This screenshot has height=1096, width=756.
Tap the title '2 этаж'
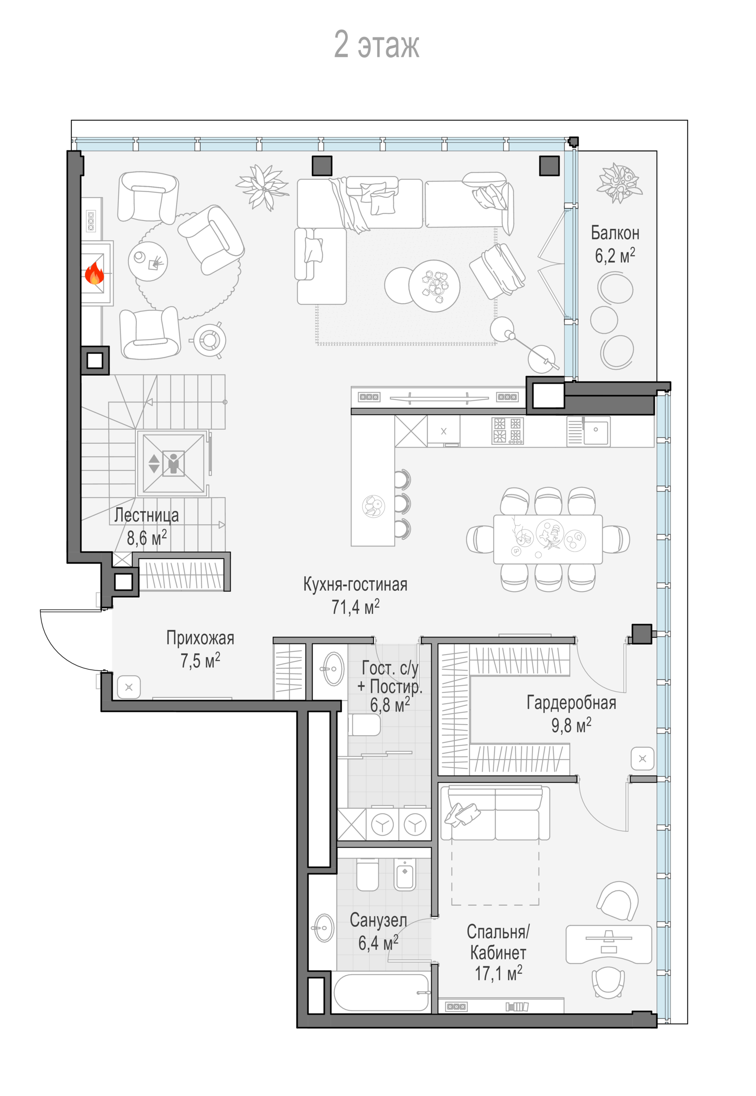click(377, 45)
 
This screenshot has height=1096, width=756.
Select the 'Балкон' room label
click(615, 233)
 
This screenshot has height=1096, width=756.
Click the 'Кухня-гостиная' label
click(355, 584)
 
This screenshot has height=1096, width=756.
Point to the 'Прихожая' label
click(200, 638)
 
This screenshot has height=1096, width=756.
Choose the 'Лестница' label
click(146, 515)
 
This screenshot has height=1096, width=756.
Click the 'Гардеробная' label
click(571, 703)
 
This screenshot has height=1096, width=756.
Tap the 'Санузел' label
click(378, 920)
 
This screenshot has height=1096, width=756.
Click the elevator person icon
click(173, 463)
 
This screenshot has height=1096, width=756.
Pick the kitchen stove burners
click(507, 431)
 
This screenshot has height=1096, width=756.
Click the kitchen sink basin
click(596, 432)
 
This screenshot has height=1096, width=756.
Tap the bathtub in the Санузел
click(382, 992)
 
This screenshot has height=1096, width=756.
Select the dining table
click(548, 539)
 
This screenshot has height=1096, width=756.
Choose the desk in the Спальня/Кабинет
click(609, 944)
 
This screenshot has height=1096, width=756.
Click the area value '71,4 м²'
click(355, 606)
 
